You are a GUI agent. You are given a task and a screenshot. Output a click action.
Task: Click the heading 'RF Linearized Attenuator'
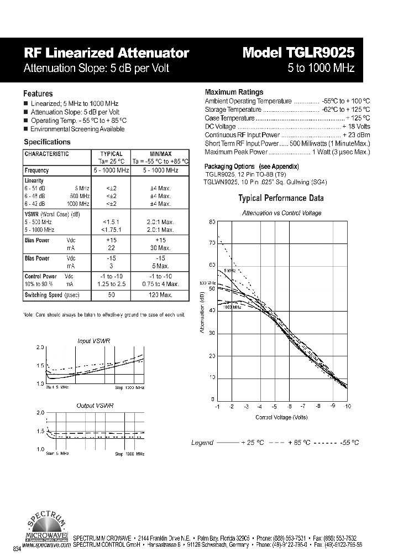[x=107, y=53]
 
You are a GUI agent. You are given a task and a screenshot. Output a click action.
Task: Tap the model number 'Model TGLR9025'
[x=298, y=53]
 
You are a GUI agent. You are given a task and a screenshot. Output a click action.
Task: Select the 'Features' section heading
[x=38, y=94]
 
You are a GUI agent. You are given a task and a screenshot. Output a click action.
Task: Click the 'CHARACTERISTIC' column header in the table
[x=47, y=154]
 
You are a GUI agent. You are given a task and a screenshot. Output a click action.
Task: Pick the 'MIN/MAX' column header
[x=160, y=154]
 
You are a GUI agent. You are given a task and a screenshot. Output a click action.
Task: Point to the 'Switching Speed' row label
[x=44, y=295]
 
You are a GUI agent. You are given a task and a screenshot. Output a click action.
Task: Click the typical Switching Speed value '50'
[x=111, y=295]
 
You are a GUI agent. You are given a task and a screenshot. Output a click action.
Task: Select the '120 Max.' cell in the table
[x=161, y=295]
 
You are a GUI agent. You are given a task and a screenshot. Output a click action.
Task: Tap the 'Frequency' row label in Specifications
[x=37, y=170]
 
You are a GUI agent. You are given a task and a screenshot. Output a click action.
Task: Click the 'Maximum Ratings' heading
[x=234, y=92]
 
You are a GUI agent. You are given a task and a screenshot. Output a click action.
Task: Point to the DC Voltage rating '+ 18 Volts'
[x=356, y=126]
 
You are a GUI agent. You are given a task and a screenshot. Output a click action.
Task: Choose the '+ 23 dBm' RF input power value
[x=356, y=134]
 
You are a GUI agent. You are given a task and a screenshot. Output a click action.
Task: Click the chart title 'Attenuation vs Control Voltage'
[x=282, y=213]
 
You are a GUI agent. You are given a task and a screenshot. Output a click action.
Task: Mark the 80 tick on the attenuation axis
[x=211, y=222]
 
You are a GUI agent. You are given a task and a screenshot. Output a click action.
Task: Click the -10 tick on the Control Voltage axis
[x=347, y=406]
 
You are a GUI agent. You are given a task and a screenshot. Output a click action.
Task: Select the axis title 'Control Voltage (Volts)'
[x=281, y=417]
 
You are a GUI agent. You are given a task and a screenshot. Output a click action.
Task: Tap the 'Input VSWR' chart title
[x=94, y=341]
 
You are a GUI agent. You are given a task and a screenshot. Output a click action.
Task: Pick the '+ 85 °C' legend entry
[x=301, y=443]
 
